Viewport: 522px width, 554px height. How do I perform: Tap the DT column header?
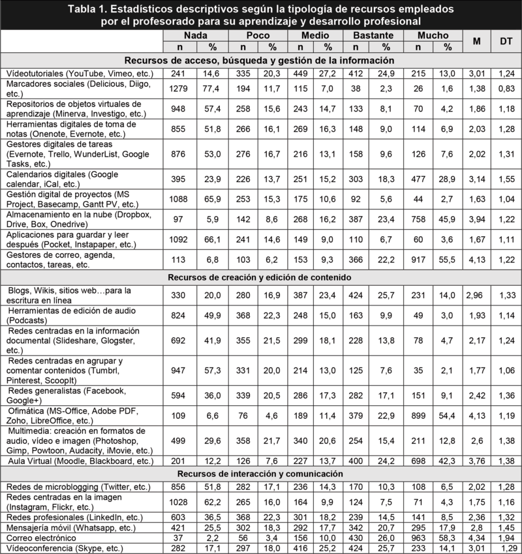click(506, 40)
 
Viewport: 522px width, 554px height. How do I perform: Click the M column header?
click(477, 40)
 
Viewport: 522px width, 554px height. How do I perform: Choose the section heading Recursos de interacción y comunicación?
click(260, 473)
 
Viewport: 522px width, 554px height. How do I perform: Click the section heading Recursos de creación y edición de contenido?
click(260, 277)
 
